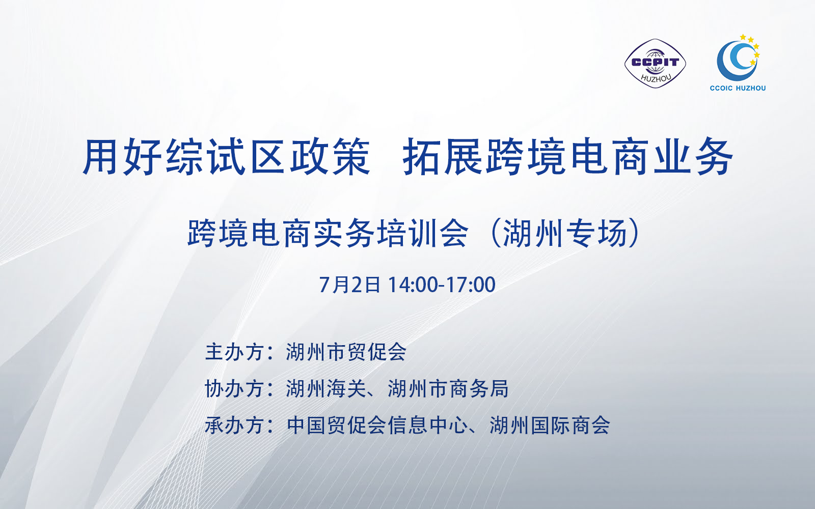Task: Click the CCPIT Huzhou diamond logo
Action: pyautogui.click(x=655, y=63)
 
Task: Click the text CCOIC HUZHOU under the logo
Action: pyautogui.click(x=738, y=88)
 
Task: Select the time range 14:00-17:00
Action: pyautogui.click(x=442, y=285)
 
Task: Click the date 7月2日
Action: pyautogui.click(x=349, y=285)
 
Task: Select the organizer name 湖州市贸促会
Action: pyautogui.click(x=346, y=352)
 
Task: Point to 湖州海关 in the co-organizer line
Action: pyautogui.click(x=325, y=389)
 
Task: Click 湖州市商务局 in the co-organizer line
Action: pyautogui.click(x=448, y=389)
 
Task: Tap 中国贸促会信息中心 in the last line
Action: pyautogui.click(x=377, y=426)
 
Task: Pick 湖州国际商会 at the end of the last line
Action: pyautogui.click(x=550, y=426)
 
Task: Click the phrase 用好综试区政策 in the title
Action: pyautogui.click(x=226, y=157)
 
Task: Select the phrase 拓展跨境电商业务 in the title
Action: pyautogui.click(x=567, y=157)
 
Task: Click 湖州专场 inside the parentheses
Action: pyautogui.click(x=565, y=234)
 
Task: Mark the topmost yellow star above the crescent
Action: pyautogui.click(x=743, y=37)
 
